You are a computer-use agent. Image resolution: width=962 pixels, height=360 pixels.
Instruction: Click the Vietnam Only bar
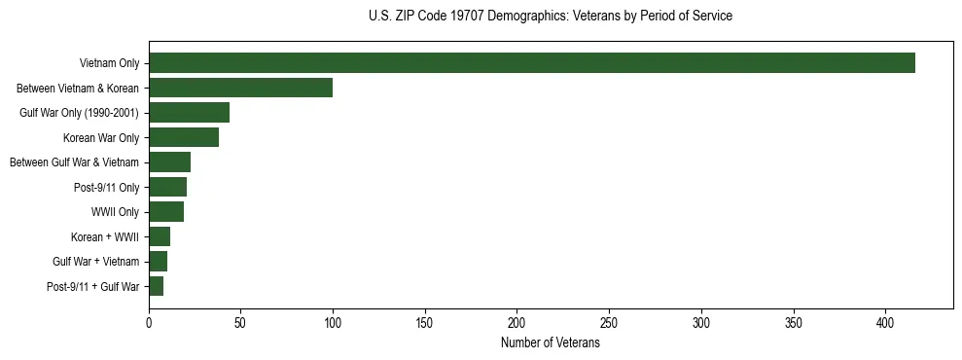coord(532,63)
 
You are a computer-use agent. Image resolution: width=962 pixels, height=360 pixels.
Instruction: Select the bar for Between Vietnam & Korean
coord(240,88)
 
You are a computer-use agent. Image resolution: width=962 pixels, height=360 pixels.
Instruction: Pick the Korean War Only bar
coord(184,137)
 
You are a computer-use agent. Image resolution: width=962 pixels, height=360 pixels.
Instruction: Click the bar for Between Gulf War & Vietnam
coord(169,162)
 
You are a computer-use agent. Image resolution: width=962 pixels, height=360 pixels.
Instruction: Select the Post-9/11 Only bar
coord(167,187)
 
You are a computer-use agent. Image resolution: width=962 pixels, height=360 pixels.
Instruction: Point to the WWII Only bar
coord(166,212)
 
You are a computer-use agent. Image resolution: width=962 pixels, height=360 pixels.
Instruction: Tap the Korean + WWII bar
coord(160,236)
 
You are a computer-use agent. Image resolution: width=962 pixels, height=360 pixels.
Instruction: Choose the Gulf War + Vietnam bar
coord(158,262)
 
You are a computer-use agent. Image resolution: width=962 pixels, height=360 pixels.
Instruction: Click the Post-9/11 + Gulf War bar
coord(156,286)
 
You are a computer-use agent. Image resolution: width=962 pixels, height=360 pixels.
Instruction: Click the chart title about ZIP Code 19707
coord(551,17)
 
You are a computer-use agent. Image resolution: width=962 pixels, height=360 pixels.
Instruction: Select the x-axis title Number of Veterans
coord(551,343)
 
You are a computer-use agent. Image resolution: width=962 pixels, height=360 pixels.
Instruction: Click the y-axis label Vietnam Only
coord(109,63)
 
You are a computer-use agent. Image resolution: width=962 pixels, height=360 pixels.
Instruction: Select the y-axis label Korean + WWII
coord(105,236)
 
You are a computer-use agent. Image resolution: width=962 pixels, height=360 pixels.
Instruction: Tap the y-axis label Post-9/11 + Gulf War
coord(93,286)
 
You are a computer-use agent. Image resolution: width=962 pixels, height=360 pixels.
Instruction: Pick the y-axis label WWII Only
coord(115,212)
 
